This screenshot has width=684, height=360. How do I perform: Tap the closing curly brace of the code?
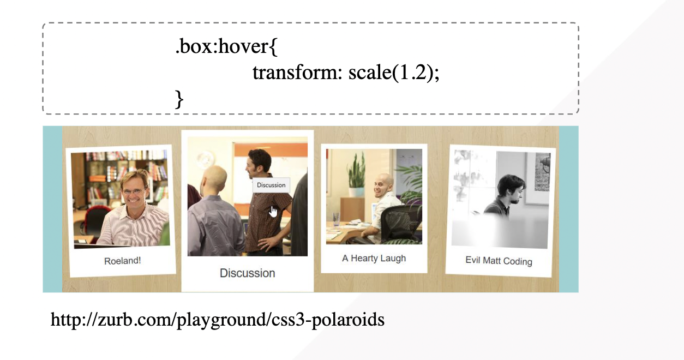179,99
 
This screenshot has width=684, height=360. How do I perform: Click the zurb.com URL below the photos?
217,319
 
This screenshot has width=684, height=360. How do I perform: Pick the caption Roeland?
122,261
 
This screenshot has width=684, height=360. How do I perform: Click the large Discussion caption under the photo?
247,273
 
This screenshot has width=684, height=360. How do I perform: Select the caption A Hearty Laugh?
374,258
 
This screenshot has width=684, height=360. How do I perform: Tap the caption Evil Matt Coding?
499,261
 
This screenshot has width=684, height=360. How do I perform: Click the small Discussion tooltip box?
271,185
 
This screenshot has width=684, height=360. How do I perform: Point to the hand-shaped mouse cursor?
273,212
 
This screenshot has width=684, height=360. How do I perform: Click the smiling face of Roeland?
134,189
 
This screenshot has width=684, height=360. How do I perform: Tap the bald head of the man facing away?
215,177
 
